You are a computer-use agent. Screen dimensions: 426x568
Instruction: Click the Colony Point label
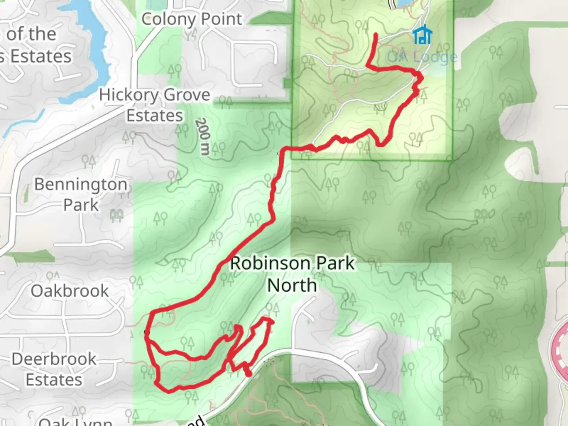[x=192, y=19]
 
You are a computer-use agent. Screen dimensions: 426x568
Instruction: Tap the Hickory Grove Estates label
[x=155, y=105]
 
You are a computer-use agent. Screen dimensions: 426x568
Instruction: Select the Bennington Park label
[x=81, y=194]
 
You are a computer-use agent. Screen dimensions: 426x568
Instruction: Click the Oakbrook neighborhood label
[x=70, y=291]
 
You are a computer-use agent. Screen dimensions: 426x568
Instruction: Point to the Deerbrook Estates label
[x=54, y=369]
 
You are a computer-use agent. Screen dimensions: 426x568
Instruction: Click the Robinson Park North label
[x=292, y=274]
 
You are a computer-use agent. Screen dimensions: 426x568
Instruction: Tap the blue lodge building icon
[x=422, y=35]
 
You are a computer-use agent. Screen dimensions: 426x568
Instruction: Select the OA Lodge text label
[x=422, y=57]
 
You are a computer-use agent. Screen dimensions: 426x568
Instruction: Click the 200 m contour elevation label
[x=203, y=136]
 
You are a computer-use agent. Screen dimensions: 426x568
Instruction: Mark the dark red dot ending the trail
[x=248, y=373]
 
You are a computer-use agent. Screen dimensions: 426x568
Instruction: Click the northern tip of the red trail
[x=375, y=35]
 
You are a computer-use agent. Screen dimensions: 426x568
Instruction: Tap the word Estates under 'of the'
[x=41, y=56]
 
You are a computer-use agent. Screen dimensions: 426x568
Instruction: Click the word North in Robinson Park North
[x=292, y=285]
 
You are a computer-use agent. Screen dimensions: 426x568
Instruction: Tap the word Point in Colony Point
[x=222, y=19]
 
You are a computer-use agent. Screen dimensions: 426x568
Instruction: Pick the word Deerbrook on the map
[x=54, y=359]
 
